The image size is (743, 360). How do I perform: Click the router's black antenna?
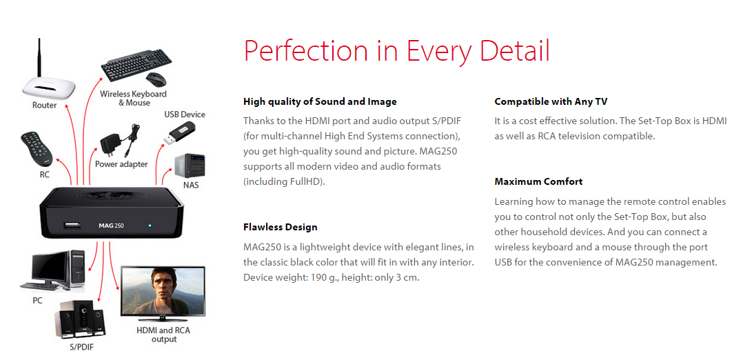(x=40, y=59)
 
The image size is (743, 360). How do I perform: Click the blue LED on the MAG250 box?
(x=150, y=225)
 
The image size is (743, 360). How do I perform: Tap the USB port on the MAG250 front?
(x=70, y=225)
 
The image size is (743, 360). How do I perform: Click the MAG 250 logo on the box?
(x=111, y=226)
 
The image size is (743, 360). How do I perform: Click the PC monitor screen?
(x=50, y=267)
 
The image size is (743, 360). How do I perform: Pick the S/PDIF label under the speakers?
(x=81, y=347)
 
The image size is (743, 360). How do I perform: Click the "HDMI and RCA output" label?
(x=163, y=334)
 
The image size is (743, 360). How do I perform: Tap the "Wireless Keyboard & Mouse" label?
(x=134, y=98)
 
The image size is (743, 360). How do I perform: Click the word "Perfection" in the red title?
(x=305, y=51)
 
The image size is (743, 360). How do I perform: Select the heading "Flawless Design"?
(x=280, y=227)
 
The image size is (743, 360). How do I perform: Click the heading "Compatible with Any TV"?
(x=551, y=101)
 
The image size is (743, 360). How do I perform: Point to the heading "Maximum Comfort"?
(x=538, y=181)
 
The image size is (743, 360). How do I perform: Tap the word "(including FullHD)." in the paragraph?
(x=284, y=181)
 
